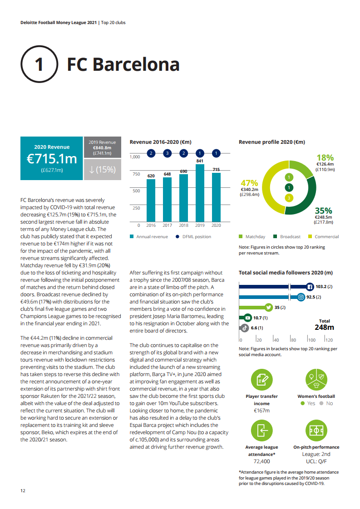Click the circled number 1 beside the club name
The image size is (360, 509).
(39, 64)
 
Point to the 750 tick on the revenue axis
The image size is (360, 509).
(135, 174)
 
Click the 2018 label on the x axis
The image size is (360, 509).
(183, 225)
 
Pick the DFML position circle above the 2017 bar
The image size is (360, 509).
(167, 153)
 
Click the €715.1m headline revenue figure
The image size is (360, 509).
(52, 159)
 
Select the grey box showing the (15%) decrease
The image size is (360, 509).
(103, 169)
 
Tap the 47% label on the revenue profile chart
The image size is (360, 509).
(249, 183)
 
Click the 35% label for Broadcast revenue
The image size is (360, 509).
(324, 211)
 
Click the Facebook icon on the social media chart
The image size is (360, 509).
(310, 287)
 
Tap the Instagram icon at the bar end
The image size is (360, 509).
(301, 297)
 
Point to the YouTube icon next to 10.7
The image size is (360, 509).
(248, 318)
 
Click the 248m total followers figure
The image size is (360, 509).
(324, 327)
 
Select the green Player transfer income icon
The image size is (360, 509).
(261, 380)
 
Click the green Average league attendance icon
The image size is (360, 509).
(261, 431)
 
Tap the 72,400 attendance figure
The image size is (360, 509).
(261, 461)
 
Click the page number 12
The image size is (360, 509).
(23, 490)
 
